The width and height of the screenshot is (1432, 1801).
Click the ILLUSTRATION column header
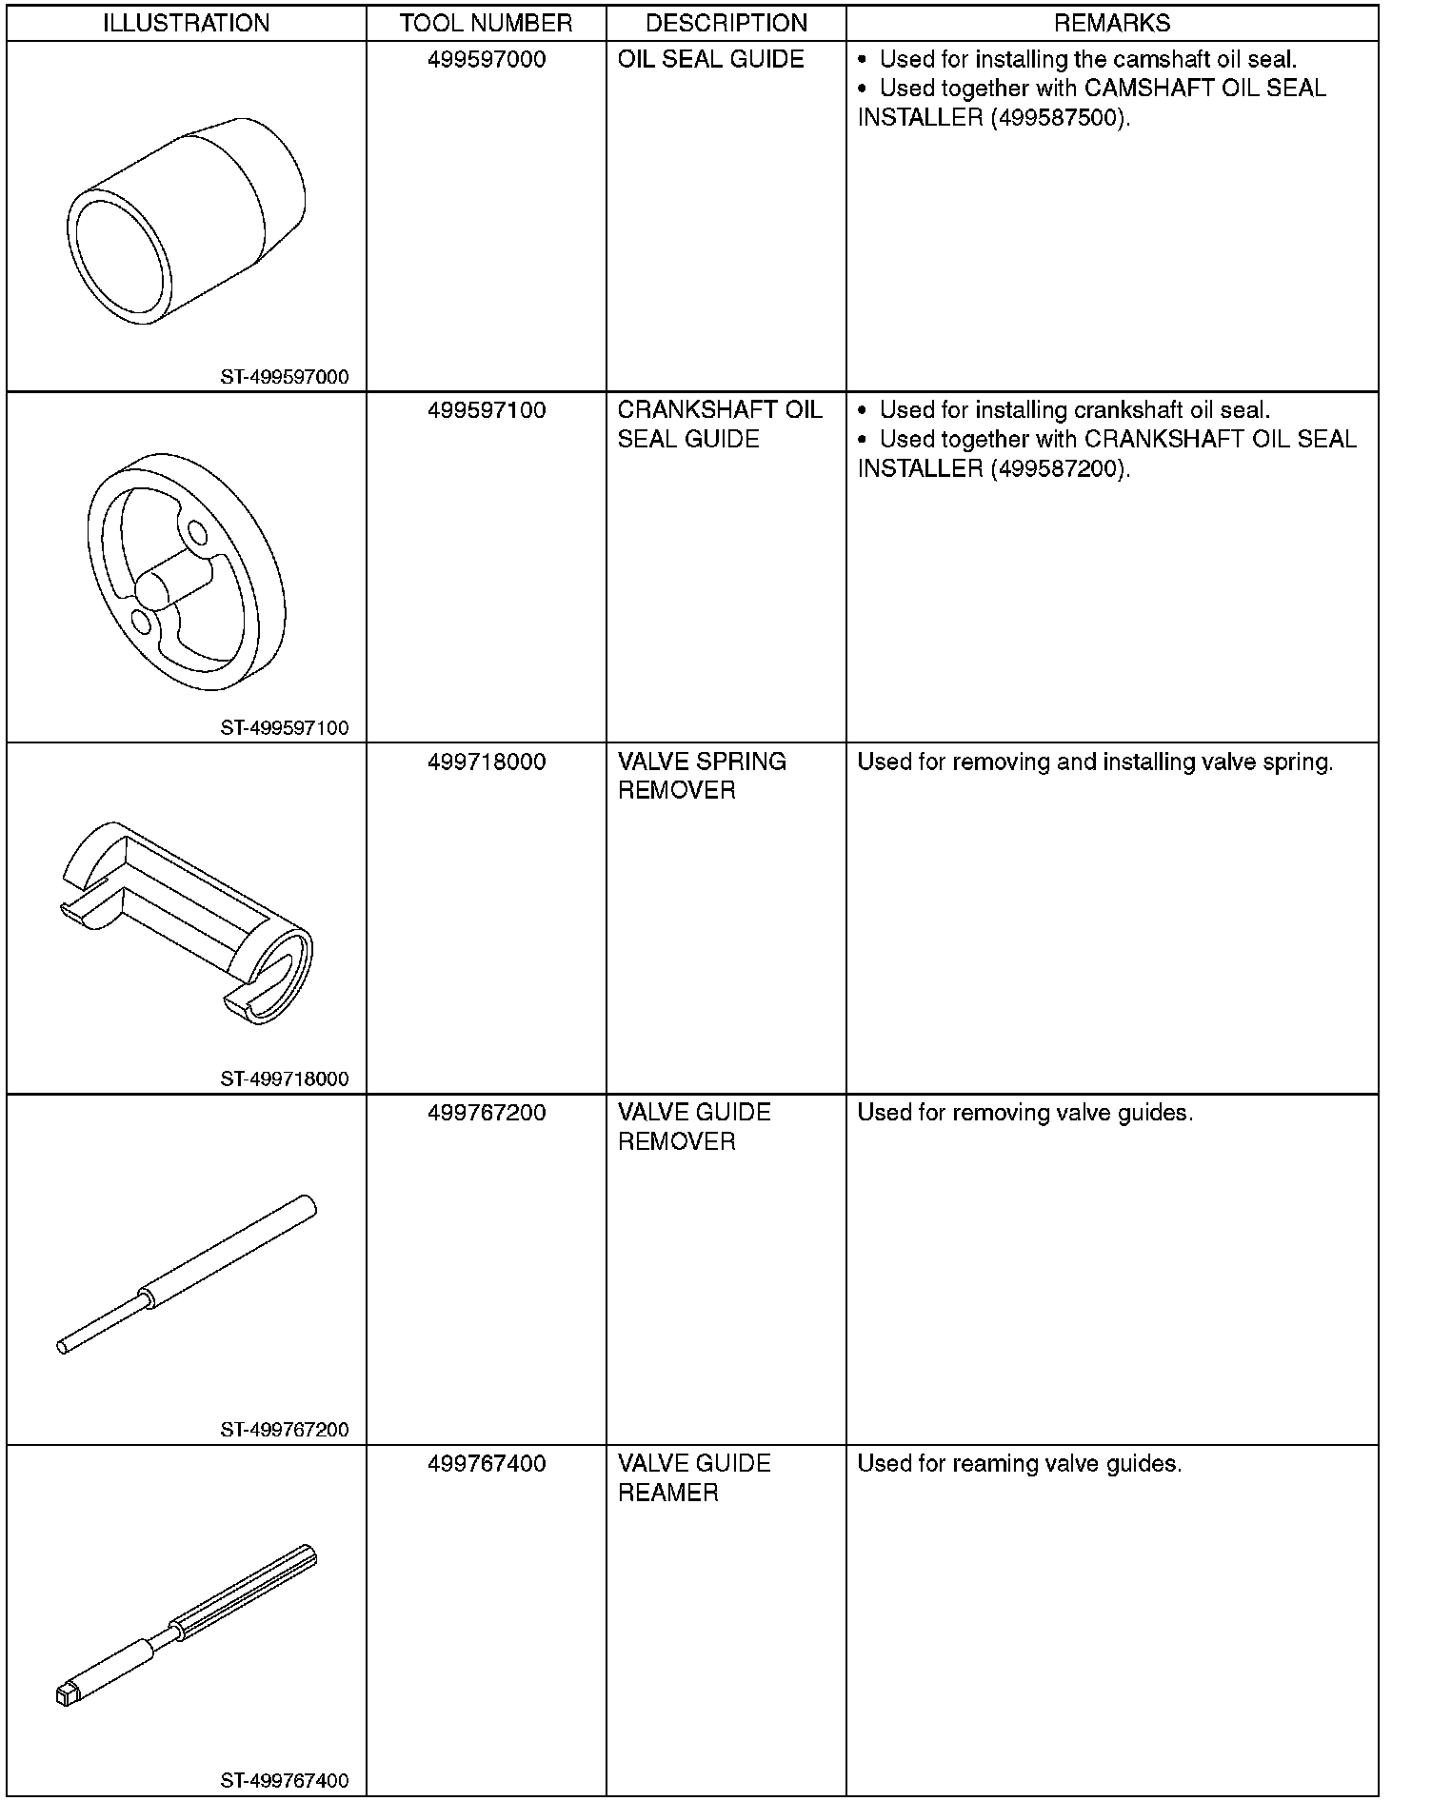tap(187, 23)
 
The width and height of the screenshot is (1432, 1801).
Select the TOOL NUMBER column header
tap(486, 23)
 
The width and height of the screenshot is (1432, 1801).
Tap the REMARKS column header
tap(1112, 23)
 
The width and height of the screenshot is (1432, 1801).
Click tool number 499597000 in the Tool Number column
tap(487, 60)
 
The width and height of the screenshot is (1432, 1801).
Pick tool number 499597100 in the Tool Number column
tap(487, 411)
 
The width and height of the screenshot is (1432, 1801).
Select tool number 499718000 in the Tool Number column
tap(487, 762)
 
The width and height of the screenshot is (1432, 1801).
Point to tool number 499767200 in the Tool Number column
tap(487, 1113)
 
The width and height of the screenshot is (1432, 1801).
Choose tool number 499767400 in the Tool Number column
tap(487, 1464)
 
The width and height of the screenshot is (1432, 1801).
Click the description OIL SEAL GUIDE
tap(711, 60)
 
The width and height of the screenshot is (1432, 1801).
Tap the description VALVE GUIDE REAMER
tap(694, 1478)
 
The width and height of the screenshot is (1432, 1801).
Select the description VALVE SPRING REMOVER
tap(702, 777)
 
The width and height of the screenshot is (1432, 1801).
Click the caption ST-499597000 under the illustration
tap(285, 377)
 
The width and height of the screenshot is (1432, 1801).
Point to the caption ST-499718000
tap(285, 1079)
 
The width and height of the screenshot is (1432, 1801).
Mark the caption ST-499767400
tap(285, 1781)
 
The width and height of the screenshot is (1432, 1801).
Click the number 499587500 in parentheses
tap(1057, 118)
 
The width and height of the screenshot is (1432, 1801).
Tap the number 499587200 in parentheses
tap(1057, 469)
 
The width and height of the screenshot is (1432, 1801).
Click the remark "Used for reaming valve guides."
tap(1020, 1464)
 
